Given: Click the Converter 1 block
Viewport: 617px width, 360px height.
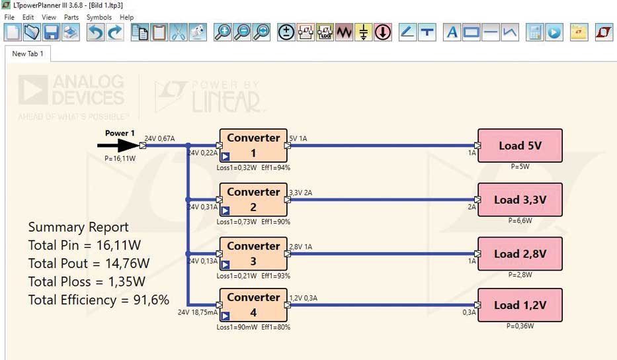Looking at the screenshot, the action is [x=253, y=146].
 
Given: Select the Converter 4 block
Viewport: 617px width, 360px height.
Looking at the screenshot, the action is [x=253, y=305].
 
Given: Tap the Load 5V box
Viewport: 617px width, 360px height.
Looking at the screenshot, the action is [x=520, y=146].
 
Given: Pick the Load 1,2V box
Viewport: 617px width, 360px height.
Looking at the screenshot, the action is [x=520, y=305].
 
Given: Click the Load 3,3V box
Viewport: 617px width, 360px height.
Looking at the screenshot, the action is [x=520, y=200].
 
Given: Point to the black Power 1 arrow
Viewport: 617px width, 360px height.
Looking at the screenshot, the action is [x=118, y=146].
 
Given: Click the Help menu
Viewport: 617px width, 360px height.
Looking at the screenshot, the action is [x=127, y=17].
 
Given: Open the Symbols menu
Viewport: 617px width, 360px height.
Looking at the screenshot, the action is [x=99, y=17].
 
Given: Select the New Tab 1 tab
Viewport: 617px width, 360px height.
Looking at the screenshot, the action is [x=28, y=54].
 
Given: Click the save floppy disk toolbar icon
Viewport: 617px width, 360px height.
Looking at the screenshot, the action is [x=51, y=32].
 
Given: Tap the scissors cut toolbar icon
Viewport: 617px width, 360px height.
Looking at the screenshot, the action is [x=179, y=32].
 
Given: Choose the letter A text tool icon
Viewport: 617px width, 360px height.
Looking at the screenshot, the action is [x=452, y=32].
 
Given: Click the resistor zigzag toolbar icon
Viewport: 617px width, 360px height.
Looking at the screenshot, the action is [x=345, y=32].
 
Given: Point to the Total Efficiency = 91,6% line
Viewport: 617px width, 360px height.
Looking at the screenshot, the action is [x=99, y=300].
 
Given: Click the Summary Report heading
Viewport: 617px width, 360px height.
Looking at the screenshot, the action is [x=78, y=227].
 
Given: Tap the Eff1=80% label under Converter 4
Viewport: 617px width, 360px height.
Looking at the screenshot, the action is [x=276, y=327].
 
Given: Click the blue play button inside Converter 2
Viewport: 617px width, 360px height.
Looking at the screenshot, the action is [x=225, y=210].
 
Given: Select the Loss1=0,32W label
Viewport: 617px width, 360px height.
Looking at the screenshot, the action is [x=237, y=167].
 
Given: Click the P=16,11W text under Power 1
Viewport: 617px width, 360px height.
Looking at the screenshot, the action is [x=120, y=158].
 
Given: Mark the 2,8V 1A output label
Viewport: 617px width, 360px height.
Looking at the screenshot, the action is [x=301, y=247].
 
